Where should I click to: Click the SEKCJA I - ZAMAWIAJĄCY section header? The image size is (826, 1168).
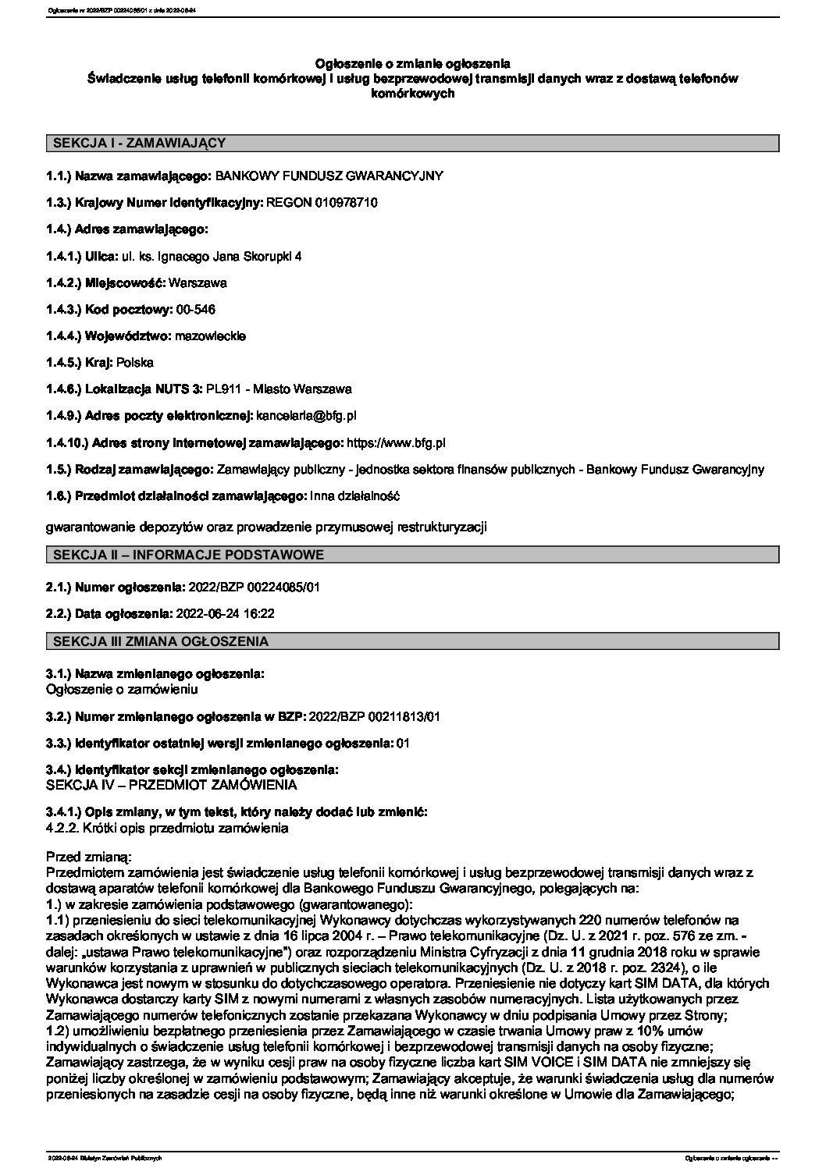click(138, 143)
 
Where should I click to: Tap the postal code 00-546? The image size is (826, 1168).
click(196, 310)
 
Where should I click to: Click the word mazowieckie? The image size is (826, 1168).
click(211, 336)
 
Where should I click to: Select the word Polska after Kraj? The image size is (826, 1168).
click(135, 363)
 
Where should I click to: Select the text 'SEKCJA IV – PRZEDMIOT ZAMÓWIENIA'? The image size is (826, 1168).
click(172, 785)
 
